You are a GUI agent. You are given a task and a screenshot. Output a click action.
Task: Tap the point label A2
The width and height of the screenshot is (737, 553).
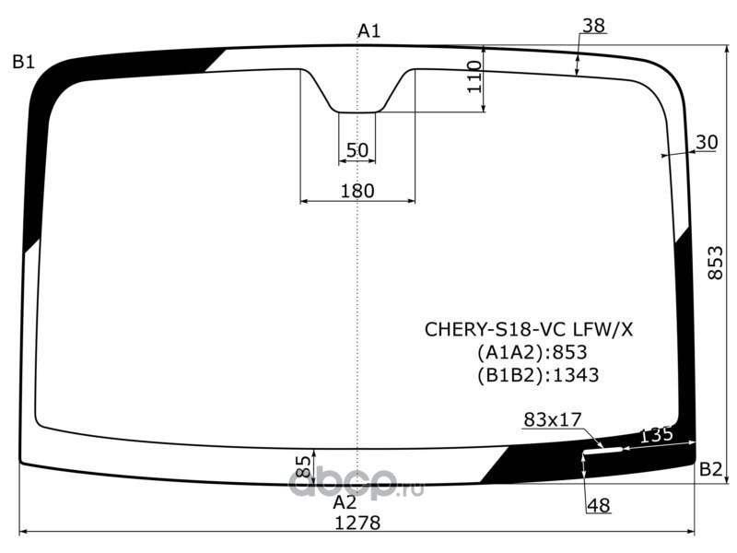(x=345, y=502)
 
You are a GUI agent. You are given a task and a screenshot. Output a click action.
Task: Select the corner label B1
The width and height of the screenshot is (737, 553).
(x=24, y=63)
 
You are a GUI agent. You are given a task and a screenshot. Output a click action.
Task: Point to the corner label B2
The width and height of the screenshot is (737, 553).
(x=710, y=469)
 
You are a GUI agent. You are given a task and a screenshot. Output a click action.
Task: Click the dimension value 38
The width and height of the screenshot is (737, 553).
(x=593, y=27)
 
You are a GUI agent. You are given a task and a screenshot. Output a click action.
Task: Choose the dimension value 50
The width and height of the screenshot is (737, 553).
(x=357, y=150)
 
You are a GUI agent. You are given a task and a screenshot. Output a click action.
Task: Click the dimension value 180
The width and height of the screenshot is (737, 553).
(x=357, y=191)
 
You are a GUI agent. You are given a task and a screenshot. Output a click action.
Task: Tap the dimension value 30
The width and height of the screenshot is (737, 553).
(x=707, y=142)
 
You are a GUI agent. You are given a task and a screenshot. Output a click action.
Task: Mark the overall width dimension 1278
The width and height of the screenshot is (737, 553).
(x=357, y=522)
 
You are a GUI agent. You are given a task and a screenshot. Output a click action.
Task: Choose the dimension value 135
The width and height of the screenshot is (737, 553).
(x=656, y=435)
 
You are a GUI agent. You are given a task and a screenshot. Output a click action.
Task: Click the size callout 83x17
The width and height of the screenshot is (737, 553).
(x=553, y=420)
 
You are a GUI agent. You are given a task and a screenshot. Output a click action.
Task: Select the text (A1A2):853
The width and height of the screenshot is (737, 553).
(x=532, y=352)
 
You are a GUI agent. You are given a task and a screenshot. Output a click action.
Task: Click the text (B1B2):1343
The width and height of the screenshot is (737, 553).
(x=538, y=375)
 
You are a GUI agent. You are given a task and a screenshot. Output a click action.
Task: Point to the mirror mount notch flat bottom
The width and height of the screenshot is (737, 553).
(x=357, y=112)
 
